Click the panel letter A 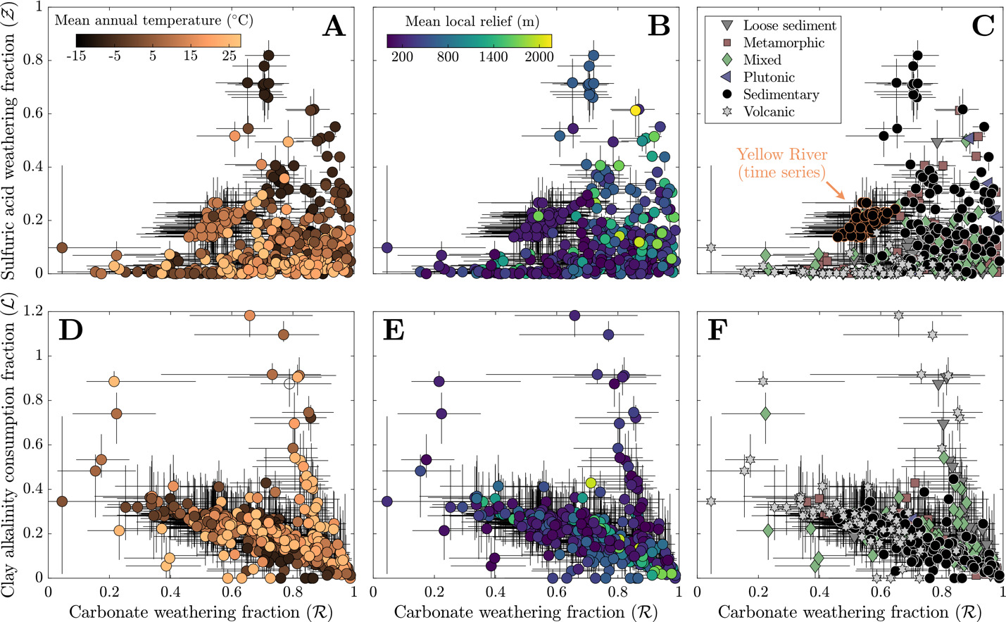[x=334, y=26]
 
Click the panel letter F [x=716, y=329]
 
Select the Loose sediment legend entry [x=789, y=25]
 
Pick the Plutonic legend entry [x=769, y=77]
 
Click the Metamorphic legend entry [x=784, y=43]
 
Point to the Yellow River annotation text [x=781, y=163]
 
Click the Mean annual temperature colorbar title [x=153, y=20]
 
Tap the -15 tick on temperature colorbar [x=75, y=56]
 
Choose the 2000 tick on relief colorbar [x=539, y=56]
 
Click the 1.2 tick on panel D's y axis [x=32, y=311]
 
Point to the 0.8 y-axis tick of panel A [x=32, y=61]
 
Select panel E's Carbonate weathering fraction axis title [x=525, y=611]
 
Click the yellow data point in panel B [x=636, y=110]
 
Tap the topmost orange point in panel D [x=249, y=316]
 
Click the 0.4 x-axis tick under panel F [x=819, y=590]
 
